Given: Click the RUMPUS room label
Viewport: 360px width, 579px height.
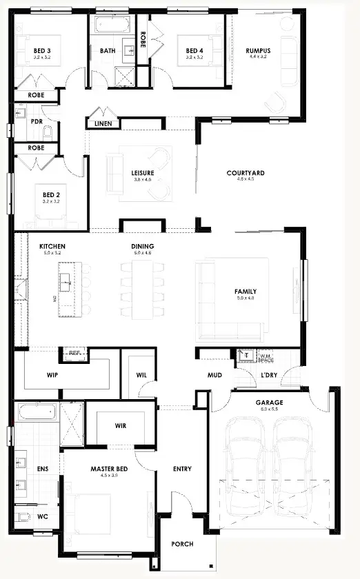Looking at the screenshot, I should click(x=258, y=50).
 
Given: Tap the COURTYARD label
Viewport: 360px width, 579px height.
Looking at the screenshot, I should click(x=246, y=172).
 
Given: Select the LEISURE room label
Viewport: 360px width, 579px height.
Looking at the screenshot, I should click(x=142, y=172).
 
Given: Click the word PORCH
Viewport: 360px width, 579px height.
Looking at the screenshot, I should click(x=183, y=544).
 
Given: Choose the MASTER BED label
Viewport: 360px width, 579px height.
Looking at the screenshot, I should click(x=106, y=468).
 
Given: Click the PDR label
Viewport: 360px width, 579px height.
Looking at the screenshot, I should click(x=36, y=121).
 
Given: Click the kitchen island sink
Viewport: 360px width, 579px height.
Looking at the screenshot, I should click(x=66, y=279).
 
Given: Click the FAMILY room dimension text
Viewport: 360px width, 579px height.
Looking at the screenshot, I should click(x=246, y=298).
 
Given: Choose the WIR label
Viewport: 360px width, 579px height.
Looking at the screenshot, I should click(x=120, y=425).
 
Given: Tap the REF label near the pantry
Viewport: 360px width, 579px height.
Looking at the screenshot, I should click(x=74, y=352).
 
